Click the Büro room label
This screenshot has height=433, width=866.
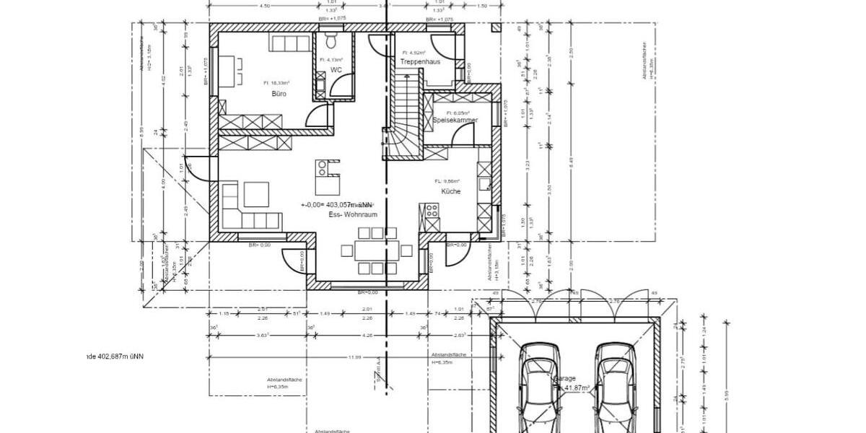tap(279, 94)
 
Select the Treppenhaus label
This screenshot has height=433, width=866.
tap(420, 63)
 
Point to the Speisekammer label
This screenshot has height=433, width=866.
tap(455, 121)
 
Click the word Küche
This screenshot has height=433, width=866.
tap(451, 191)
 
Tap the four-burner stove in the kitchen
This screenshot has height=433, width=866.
tap(432, 211)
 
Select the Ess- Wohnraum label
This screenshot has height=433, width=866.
tap(352, 215)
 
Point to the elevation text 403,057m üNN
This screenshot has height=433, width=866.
tap(337, 205)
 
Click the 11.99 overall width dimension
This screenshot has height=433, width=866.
tap(354, 357)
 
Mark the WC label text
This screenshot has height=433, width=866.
tap(336, 70)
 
